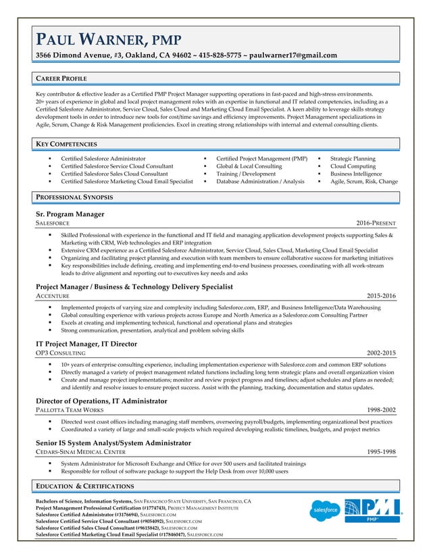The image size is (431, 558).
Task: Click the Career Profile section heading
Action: (x=61, y=79)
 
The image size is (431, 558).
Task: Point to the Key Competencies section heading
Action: (x=67, y=144)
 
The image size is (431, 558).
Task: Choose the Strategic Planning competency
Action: (x=353, y=158)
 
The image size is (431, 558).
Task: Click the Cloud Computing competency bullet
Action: (x=353, y=166)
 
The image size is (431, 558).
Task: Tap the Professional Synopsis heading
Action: (x=74, y=197)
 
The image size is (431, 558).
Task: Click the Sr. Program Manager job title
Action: (x=70, y=214)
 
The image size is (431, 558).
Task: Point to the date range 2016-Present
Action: (x=376, y=223)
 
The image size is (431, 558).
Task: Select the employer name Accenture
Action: (x=53, y=297)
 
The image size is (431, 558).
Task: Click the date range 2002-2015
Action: (x=381, y=353)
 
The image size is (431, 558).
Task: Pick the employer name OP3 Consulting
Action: (x=60, y=353)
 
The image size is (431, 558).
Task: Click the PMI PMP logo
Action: (x=373, y=510)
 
